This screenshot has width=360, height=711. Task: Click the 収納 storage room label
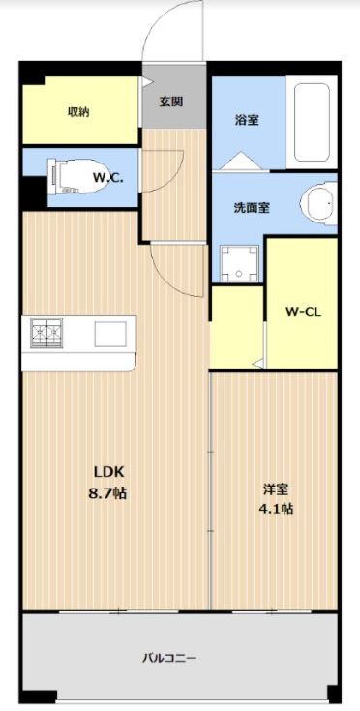pos(78,111)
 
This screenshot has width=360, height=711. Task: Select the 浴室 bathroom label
pos(246,120)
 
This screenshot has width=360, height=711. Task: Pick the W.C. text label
pos(106,178)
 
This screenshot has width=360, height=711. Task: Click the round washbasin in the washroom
pos(317,203)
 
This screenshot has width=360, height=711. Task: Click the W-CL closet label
pos(301,311)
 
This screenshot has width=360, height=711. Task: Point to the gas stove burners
pos(45,334)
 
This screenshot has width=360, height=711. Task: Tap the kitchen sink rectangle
pos(108,334)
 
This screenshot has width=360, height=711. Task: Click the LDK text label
pos(108,472)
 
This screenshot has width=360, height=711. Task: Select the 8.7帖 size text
pos(108,492)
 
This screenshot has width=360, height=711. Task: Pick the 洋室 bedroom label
pos(275,489)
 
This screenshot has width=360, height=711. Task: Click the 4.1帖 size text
pos(275,509)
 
